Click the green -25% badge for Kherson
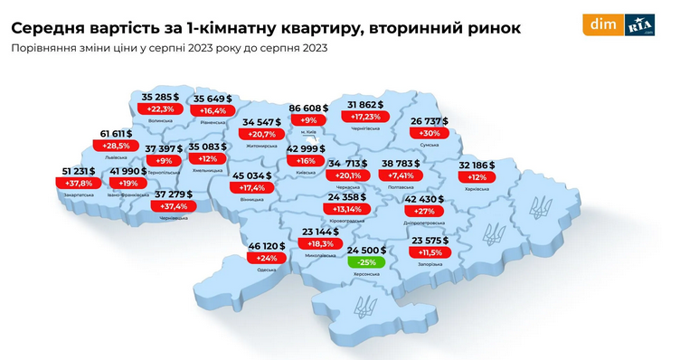tap(368, 262)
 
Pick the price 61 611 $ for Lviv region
tap(118, 133)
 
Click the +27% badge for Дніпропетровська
tap(423, 211)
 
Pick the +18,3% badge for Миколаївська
tap(299, 244)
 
